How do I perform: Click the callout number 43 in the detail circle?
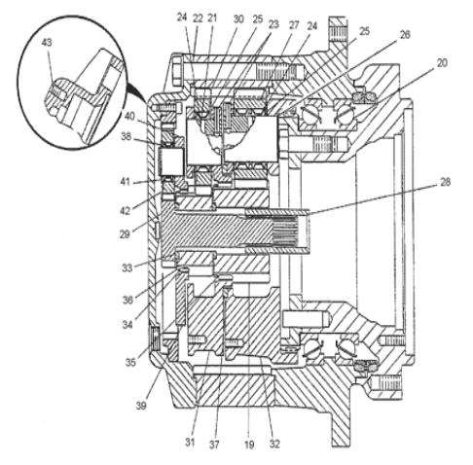pyautogui.click(x=47, y=43)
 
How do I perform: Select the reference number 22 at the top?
pyautogui.click(x=198, y=18)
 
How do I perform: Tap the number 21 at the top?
pyautogui.click(x=212, y=18)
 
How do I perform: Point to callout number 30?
pyautogui.click(x=238, y=19)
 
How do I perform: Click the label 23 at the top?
pyautogui.click(x=273, y=24)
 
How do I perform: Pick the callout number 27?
pyautogui.click(x=294, y=25)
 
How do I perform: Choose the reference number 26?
pyautogui.click(x=405, y=34)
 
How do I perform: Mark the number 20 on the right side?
pyautogui.click(x=442, y=63)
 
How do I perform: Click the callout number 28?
pyautogui.click(x=445, y=182)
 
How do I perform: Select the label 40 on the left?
pyautogui.click(x=129, y=116)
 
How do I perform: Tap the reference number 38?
pyautogui.click(x=126, y=137)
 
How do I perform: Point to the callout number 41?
pyautogui.click(x=126, y=182)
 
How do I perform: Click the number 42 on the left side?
pyautogui.click(x=125, y=211)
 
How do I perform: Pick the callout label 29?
pyautogui.click(x=125, y=234)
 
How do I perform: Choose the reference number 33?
pyautogui.click(x=127, y=268)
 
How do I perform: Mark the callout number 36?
pyautogui.click(x=127, y=301)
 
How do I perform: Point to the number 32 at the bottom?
pyautogui.click(x=274, y=444)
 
